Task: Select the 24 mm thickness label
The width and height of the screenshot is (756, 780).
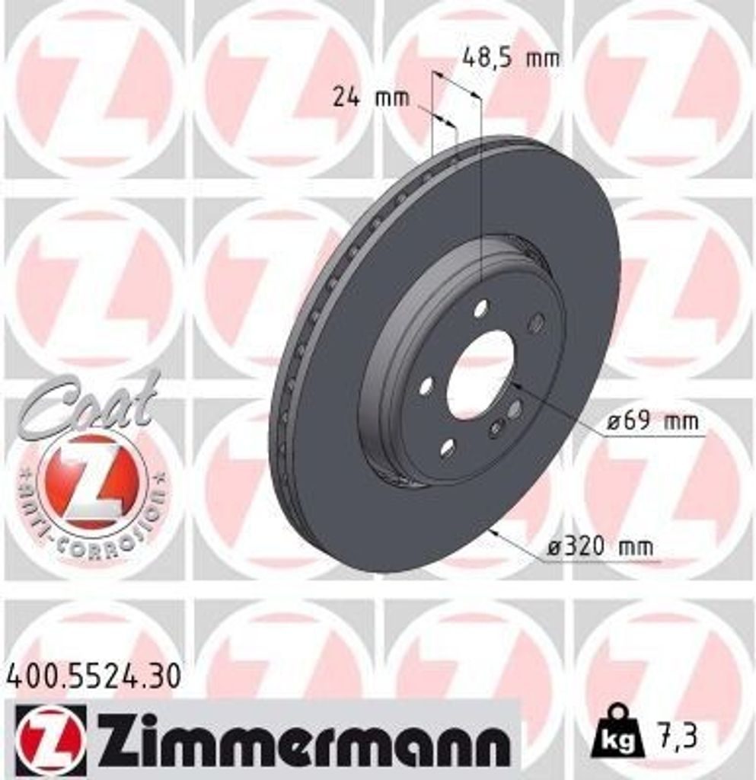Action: tap(370, 97)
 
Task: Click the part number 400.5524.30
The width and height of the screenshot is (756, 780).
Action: tap(94, 676)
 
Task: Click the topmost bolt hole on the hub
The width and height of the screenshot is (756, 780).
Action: tap(480, 308)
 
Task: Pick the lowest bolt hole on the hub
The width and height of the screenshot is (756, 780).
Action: tap(448, 447)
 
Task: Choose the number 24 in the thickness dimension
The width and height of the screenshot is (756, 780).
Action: tap(347, 97)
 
